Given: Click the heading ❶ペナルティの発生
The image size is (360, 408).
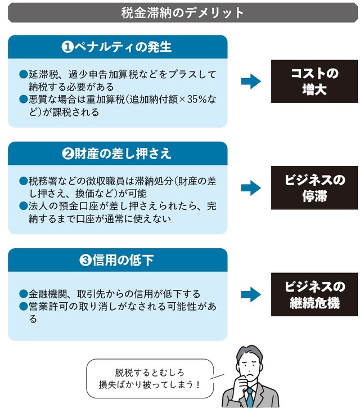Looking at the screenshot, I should (x=118, y=47).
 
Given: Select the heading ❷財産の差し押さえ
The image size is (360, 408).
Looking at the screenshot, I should (x=118, y=153).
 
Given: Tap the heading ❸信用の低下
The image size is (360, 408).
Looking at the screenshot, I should (x=118, y=260).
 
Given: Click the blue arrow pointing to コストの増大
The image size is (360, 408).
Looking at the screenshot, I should (x=250, y=82).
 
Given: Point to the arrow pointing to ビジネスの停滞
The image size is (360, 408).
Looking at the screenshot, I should (x=250, y=189).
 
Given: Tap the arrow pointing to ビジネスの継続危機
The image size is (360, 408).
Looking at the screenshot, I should (x=250, y=294).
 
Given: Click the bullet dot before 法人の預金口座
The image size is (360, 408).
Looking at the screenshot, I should (x=23, y=205).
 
